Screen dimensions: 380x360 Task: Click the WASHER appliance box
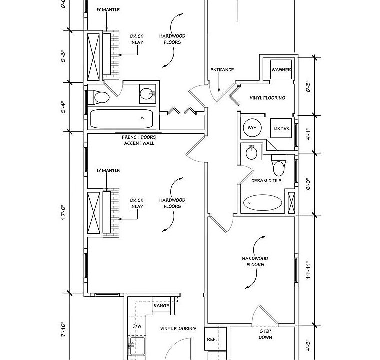click(x=281, y=69)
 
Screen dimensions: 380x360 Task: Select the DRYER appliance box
click(x=281, y=128)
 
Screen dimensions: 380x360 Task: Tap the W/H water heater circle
click(x=252, y=127)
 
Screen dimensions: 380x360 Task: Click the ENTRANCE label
click(x=222, y=70)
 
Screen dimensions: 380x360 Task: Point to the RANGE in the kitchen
click(x=161, y=306)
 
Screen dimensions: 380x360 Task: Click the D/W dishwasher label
click(x=137, y=326)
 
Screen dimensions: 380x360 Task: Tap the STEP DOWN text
click(x=265, y=334)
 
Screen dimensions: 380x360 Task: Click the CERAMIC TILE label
click(x=266, y=181)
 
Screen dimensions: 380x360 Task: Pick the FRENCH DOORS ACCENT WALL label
click(x=139, y=140)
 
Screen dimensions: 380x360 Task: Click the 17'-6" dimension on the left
click(x=63, y=213)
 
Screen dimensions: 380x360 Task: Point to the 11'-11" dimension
click(x=308, y=270)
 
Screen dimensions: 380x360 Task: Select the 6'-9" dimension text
click(x=308, y=184)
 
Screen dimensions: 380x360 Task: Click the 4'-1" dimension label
click(x=308, y=134)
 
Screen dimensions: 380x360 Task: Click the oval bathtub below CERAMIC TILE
click(x=263, y=202)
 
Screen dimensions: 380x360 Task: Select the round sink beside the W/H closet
click(x=251, y=152)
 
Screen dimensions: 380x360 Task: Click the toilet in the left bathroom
click(x=99, y=97)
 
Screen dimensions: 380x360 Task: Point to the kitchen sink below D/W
click(x=137, y=346)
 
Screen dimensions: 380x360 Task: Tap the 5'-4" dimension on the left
click(x=63, y=107)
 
